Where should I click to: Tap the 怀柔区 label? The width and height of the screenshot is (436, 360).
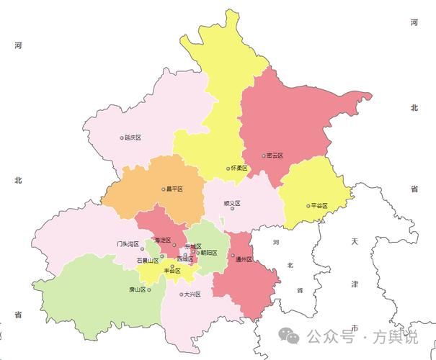[240, 168]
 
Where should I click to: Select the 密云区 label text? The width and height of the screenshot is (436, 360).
[275, 155]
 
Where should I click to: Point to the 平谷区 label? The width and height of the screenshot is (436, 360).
[319, 205]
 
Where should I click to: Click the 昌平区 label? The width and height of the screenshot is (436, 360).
[175, 189]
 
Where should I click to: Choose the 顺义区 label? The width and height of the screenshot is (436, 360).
[232, 203]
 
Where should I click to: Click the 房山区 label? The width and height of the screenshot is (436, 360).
[137, 289]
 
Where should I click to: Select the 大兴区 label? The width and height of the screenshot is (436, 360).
[192, 294]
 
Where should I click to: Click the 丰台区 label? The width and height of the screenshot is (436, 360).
[173, 271]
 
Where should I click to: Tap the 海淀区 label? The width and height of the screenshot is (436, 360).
[162, 240]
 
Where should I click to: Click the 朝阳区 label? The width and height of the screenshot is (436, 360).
[209, 252]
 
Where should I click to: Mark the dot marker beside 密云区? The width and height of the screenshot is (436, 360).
[263, 155]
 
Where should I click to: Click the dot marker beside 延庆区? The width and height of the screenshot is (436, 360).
[122, 137]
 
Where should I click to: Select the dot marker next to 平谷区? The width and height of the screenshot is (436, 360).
[308, 205]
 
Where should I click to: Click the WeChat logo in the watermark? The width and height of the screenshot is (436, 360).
[290, 336]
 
